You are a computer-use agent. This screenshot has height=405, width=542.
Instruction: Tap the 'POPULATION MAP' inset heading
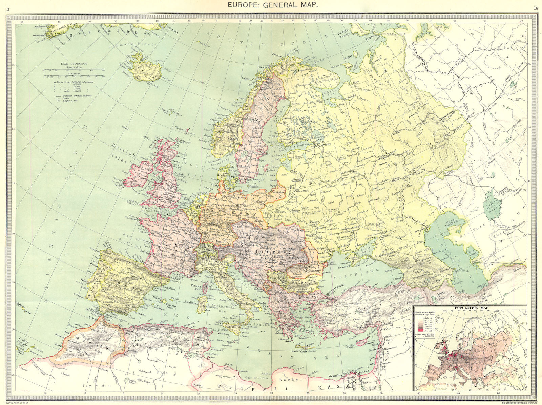point(470,308)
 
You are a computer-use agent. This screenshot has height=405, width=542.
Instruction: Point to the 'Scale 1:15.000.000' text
point(74,64)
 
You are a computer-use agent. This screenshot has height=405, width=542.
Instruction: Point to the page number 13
point(7,8)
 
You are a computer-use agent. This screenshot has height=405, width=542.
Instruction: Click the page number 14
point(535,8)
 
